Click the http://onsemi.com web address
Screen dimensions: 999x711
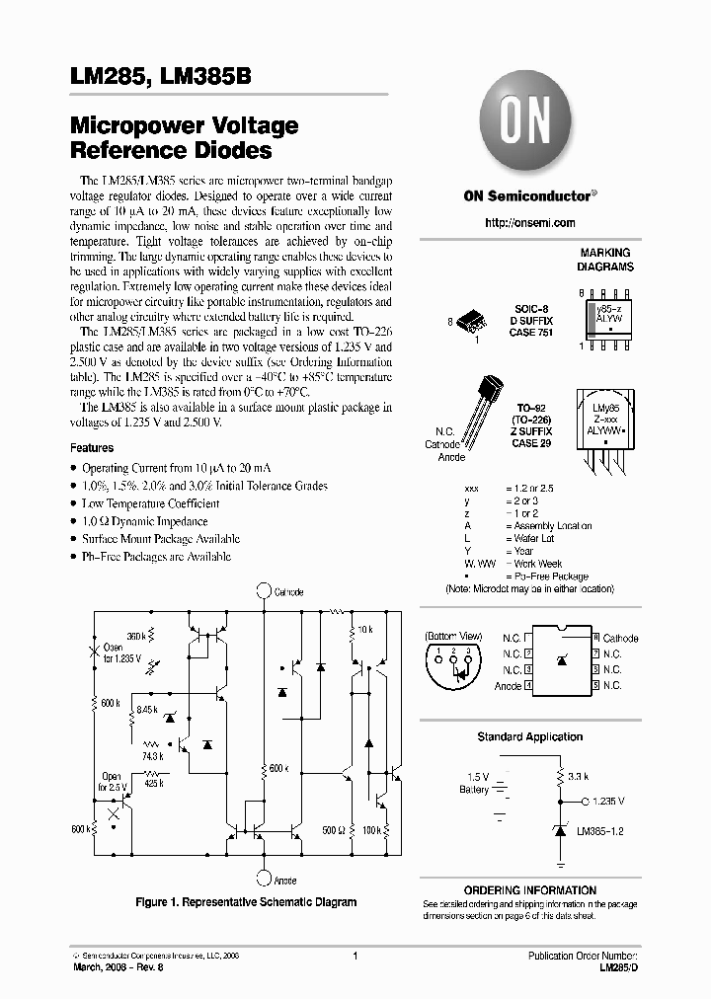(529, 223)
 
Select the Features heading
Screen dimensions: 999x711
(92, 447)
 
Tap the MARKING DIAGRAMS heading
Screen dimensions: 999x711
(606, 260)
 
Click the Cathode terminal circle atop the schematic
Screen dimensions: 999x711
(263, 590)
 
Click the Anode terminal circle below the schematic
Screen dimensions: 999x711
(263, 877)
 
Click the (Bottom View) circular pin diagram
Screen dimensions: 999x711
(454, 665)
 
